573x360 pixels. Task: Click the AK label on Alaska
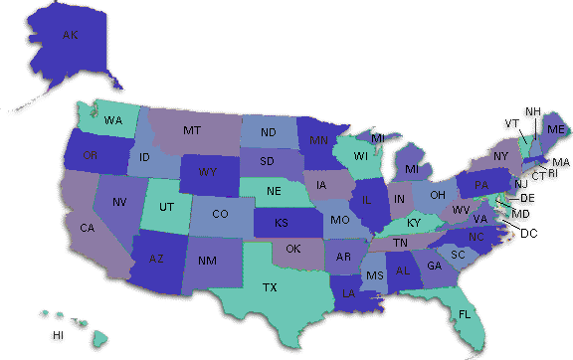[x=70, y=35]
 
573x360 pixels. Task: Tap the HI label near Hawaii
[x=58, y=334]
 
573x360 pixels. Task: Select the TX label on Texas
[x=269, y=287]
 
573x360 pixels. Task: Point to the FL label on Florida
[x=465, y=314]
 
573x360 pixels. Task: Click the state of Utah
[x=168, y=209]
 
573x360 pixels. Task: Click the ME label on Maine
[x=555, y=130]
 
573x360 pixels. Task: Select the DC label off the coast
[x=528, y=233]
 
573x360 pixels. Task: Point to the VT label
[x=511, y=123]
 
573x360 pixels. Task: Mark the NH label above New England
[x=533, y=110]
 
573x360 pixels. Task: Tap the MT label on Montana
[x=193, y=130]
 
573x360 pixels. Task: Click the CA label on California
[x=87, y=229]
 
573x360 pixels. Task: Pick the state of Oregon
[x=91, y=155]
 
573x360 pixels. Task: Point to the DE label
[x=526, y=199]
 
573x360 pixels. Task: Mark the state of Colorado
[x=220, y=214]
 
